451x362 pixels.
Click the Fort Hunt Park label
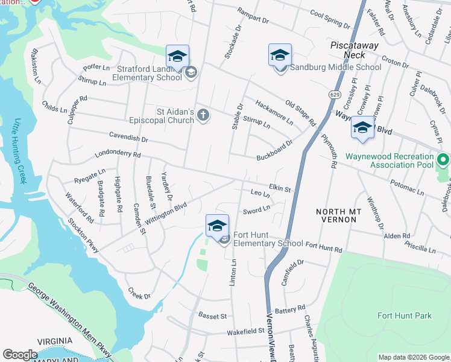(405, 316)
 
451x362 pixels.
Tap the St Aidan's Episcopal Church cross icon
(204, 115)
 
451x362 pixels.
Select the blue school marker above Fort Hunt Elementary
(217, 226)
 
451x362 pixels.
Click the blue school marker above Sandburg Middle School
(280, 56)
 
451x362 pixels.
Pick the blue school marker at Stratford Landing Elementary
(177, 56)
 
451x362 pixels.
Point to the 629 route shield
(333, 95)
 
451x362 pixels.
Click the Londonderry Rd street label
(118, 155)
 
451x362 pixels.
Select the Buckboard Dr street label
(274, 147)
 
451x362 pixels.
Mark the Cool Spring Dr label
(330, 20)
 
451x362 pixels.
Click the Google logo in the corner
(20, 355)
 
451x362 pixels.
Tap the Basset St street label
(212, 316)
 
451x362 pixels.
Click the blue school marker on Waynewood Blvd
(362, 128)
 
